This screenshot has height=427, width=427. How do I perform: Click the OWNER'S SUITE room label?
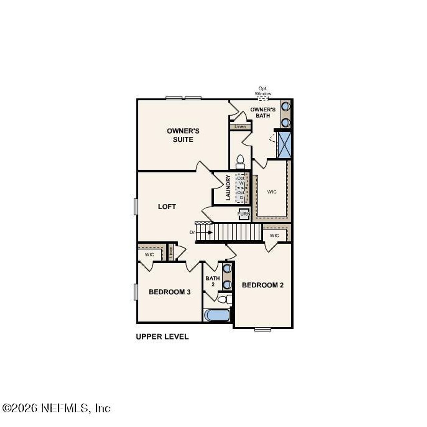[183, 135]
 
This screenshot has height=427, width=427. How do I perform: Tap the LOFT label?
[167, 207]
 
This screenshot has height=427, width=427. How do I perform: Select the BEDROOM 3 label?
[169, 292]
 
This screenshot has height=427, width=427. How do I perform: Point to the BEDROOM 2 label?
[263, 285]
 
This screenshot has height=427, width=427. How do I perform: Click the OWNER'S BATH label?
[263, 112]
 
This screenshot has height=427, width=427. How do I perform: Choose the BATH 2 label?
[212, 281]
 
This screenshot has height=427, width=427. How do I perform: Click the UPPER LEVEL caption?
[162, 337]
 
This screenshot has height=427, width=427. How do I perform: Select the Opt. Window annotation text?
[263, 91]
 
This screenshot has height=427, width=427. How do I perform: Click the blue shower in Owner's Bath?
[285, 145]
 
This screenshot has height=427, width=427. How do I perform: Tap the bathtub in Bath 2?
[217, 315]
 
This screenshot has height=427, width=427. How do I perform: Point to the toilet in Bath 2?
[224, 299]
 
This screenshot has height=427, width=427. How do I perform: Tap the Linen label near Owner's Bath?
[240, 127]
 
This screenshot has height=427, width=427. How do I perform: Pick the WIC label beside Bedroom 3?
[149, 255]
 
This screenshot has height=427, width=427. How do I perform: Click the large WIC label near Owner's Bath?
[272, 192]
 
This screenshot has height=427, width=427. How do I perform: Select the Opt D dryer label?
[241, 195]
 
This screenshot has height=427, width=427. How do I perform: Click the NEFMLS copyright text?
[56, 408]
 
